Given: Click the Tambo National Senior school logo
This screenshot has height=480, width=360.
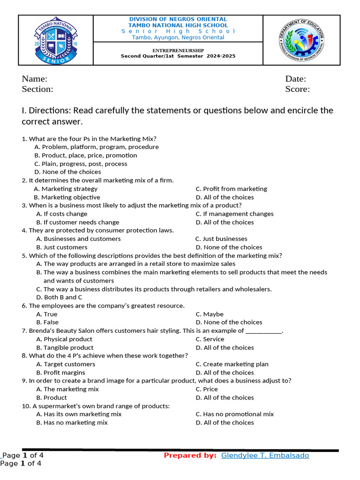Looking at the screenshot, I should (x=56, y=40).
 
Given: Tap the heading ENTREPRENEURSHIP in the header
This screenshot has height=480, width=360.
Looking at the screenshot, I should (x=178, y=50).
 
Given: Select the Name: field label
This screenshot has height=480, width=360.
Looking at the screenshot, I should (x=35, y=79).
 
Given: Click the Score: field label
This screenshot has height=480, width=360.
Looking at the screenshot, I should (x=297, y=89).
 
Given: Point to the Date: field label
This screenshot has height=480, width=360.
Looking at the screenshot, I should (x=295, y=79).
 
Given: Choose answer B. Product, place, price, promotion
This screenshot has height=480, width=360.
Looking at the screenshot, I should (x=86, y=155).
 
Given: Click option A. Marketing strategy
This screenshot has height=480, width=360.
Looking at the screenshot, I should (x=66, y=189).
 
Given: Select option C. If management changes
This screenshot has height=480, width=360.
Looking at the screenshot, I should (x=234, y=214).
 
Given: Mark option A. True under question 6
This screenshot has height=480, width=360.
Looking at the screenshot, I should (x=47, y=314).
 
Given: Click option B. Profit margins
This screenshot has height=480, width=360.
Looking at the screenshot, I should (x=61, y=373).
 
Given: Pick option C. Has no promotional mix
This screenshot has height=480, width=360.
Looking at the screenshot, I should (x=234, y=414).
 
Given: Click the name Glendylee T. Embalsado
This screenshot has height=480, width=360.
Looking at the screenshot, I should (x=265, y=456).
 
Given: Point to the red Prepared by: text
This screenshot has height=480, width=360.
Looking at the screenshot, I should (x=190, y=456).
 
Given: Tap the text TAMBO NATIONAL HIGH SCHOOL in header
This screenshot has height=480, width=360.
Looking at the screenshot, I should (x=178, y=25).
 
